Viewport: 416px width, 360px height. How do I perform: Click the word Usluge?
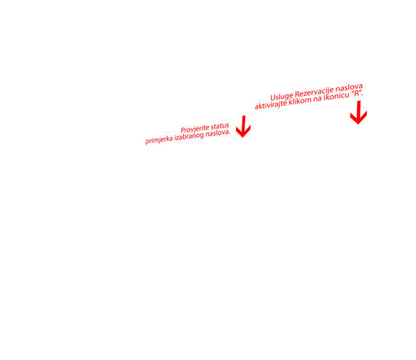282,96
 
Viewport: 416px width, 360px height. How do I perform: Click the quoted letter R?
357,94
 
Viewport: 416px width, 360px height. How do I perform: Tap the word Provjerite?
195,129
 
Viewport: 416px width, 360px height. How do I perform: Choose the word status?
220,125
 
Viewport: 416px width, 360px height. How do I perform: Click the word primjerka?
159,139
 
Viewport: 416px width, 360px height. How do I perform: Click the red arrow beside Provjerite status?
243,126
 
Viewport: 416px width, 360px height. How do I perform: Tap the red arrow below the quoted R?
358,112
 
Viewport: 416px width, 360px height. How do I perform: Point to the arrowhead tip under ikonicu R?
358,124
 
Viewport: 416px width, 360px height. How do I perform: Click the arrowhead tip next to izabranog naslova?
243,137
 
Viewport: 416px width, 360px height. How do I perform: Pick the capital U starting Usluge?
273,97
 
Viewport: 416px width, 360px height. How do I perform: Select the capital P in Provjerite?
183,131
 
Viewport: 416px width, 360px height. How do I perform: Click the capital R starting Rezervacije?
297,94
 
